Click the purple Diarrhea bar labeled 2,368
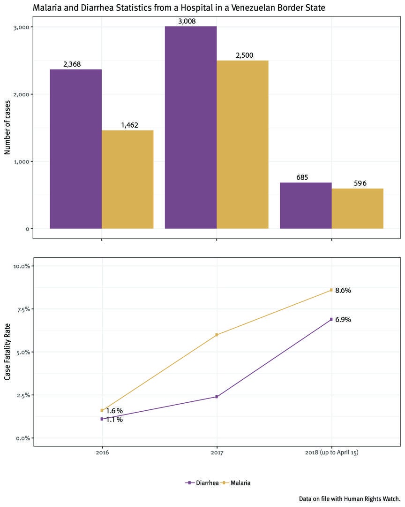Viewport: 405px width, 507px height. [x=76, y=149]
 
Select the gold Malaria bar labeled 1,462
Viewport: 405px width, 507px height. [x=127, y=179]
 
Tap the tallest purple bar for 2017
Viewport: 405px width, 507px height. [x=191, y=127]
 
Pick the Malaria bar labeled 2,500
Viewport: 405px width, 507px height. [x=242, y=145]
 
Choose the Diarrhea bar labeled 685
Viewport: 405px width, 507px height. [x=306, y=206]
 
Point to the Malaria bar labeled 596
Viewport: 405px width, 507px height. [x=357, y=208]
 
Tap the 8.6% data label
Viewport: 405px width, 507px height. [x=343, y=291]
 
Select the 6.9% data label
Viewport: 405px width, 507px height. [x=343, y=320]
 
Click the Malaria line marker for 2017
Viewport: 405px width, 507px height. [x=217, y=335]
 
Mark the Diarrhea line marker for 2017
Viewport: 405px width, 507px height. [x=217, y=397]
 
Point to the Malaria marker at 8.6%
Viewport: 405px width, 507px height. [x=331, y=290]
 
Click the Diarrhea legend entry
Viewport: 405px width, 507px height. [x=202, y=483]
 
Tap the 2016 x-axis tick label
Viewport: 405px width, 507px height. [x=102, y=453]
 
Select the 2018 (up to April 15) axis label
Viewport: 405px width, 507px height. [x=331, y=453]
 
